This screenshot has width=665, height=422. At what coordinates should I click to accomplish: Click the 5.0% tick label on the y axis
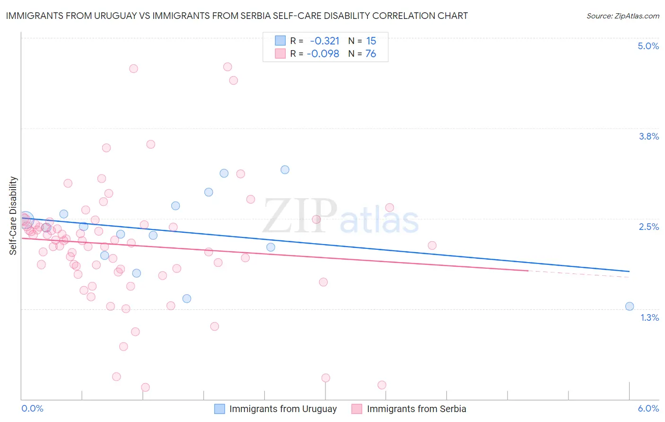coord(648,46)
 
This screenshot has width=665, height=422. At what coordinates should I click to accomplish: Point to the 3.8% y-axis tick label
coord(648,136)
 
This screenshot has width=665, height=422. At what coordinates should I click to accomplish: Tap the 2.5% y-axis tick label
coord(648,227)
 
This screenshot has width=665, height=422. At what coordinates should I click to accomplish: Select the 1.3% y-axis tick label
coord(649,317)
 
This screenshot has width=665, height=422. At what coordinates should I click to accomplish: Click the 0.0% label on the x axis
coord(32,409)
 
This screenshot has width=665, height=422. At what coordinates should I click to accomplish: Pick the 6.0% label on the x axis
coord(648,409)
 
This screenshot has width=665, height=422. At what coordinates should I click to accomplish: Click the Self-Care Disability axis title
coord(13,216)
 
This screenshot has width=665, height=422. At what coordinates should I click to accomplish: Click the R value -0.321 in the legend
coord(324,41)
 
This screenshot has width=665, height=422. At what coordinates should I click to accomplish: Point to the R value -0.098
coord(323,54)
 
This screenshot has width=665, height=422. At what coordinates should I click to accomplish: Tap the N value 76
coord(371,54)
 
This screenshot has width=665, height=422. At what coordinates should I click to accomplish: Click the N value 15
coord(371,41)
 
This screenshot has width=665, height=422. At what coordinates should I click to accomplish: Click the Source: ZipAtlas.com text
coord(622,16)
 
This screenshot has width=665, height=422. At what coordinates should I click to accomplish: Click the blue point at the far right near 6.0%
coord(630,306)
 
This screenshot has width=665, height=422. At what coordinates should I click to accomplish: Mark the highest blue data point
coord(285,170)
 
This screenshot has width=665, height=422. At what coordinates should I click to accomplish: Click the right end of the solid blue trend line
coord(629,271)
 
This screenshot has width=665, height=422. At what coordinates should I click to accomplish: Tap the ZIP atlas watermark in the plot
coord(341,217)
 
